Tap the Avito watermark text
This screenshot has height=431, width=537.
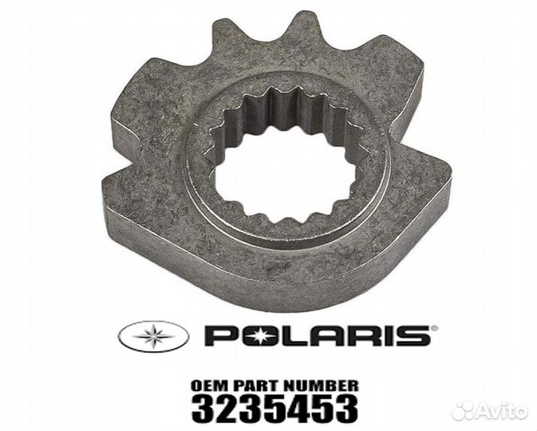click(504, 412)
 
